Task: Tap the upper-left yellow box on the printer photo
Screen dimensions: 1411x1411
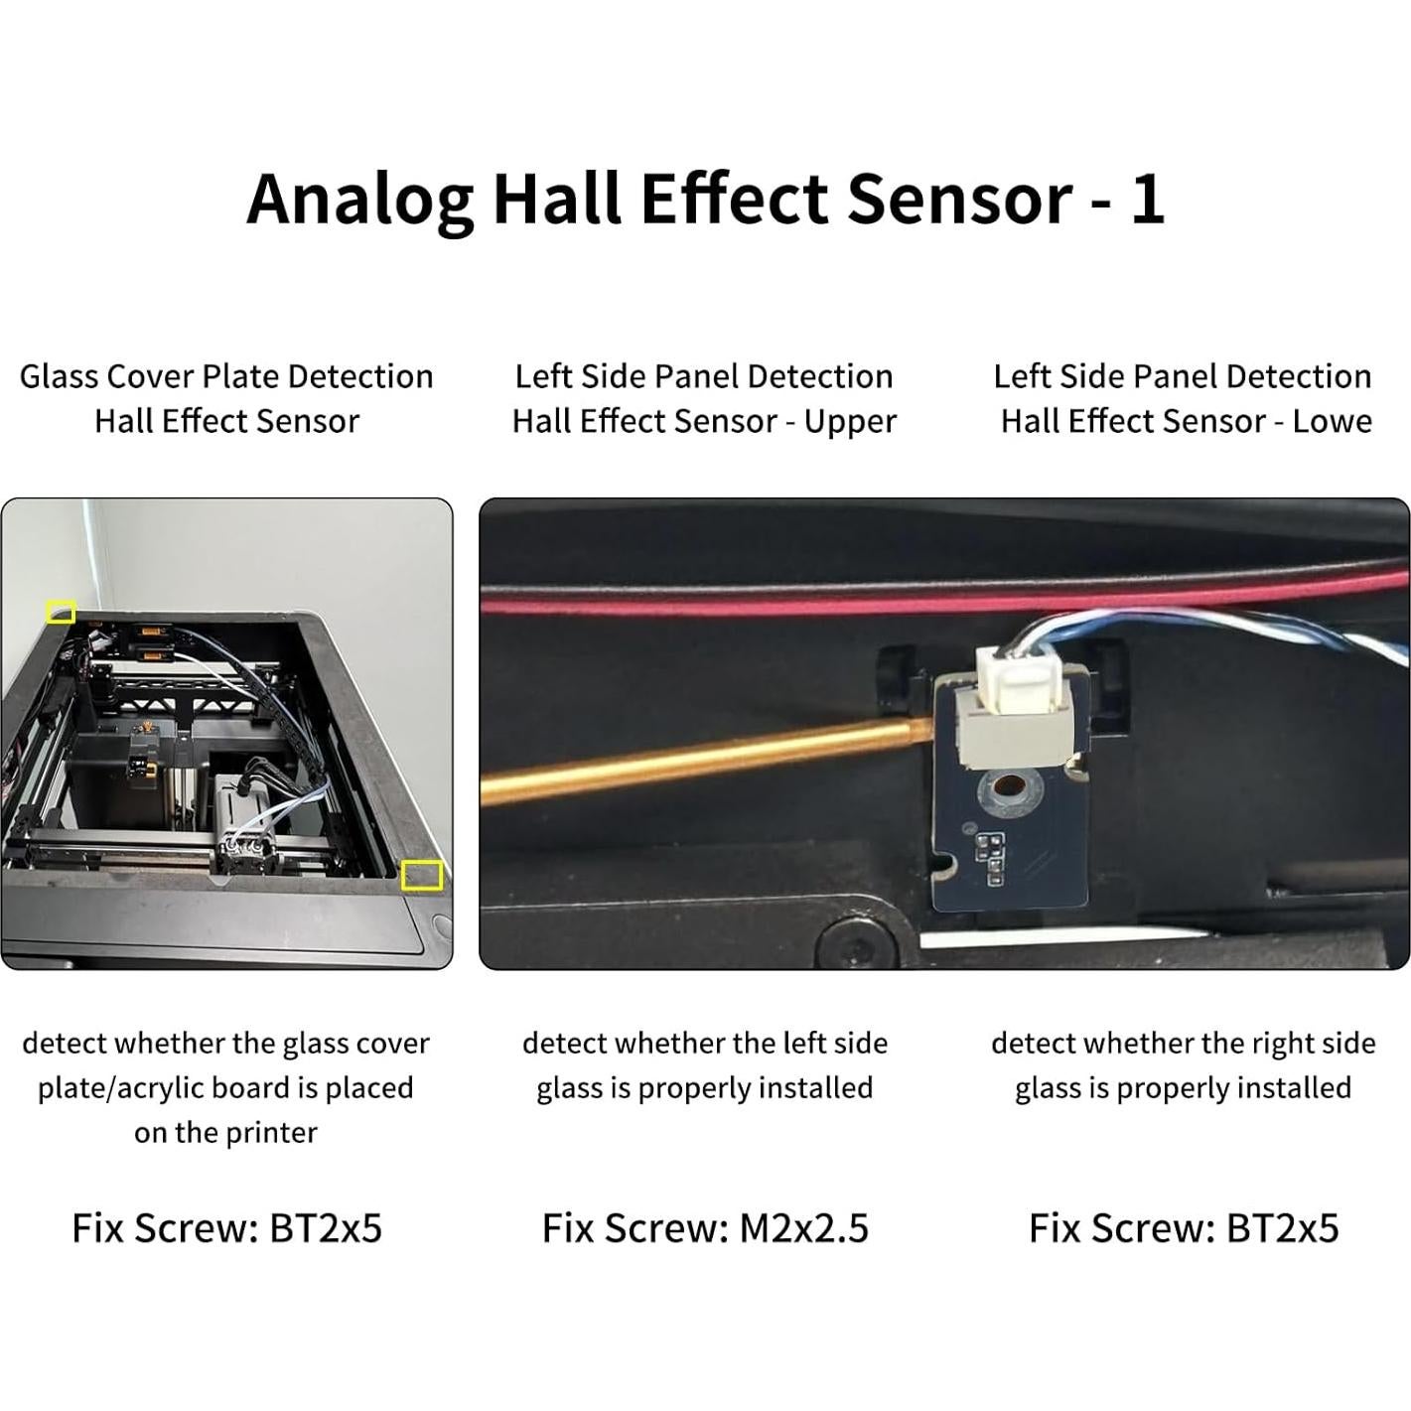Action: point(61,612)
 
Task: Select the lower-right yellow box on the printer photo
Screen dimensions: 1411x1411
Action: point(421,875)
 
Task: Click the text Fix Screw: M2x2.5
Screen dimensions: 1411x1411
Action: point(705,1228)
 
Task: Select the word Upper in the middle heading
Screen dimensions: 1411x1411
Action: point(850,422)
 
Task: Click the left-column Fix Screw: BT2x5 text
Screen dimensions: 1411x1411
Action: point(226,1228)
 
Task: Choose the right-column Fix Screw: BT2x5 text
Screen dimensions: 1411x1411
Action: point(1183,1228)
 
